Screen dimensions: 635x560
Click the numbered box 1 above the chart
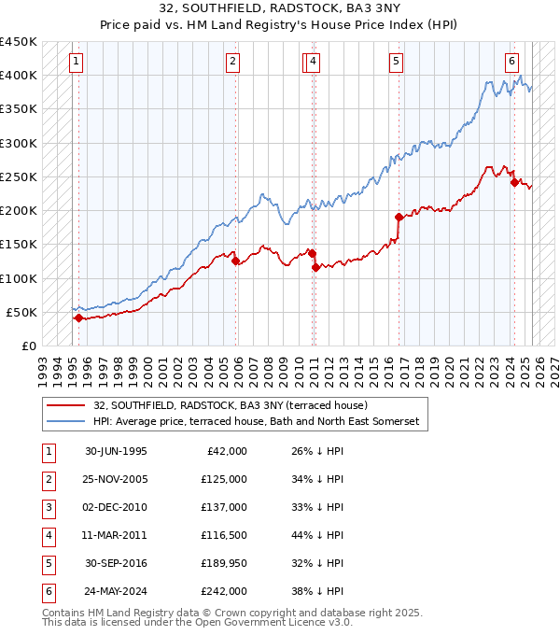(x=76, y=63)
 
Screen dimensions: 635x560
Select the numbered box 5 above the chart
(x=397, y=63)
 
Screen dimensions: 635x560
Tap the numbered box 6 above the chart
(x=512, y=63)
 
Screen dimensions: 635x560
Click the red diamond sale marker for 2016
(x=399, y=218)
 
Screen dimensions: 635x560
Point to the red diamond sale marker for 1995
(x=78, y=317)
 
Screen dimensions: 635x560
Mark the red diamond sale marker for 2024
(x=514, y=182)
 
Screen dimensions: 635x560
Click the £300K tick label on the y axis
(x=19, y=143)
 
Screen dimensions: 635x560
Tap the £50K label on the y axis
(x=22, y=312)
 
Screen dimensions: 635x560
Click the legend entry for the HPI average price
(x=257, y=422)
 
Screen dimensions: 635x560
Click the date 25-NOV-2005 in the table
(x=116, y=479)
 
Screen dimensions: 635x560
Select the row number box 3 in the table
(x=47, y=507)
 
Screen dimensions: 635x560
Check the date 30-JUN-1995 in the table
(x=116, y=451)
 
